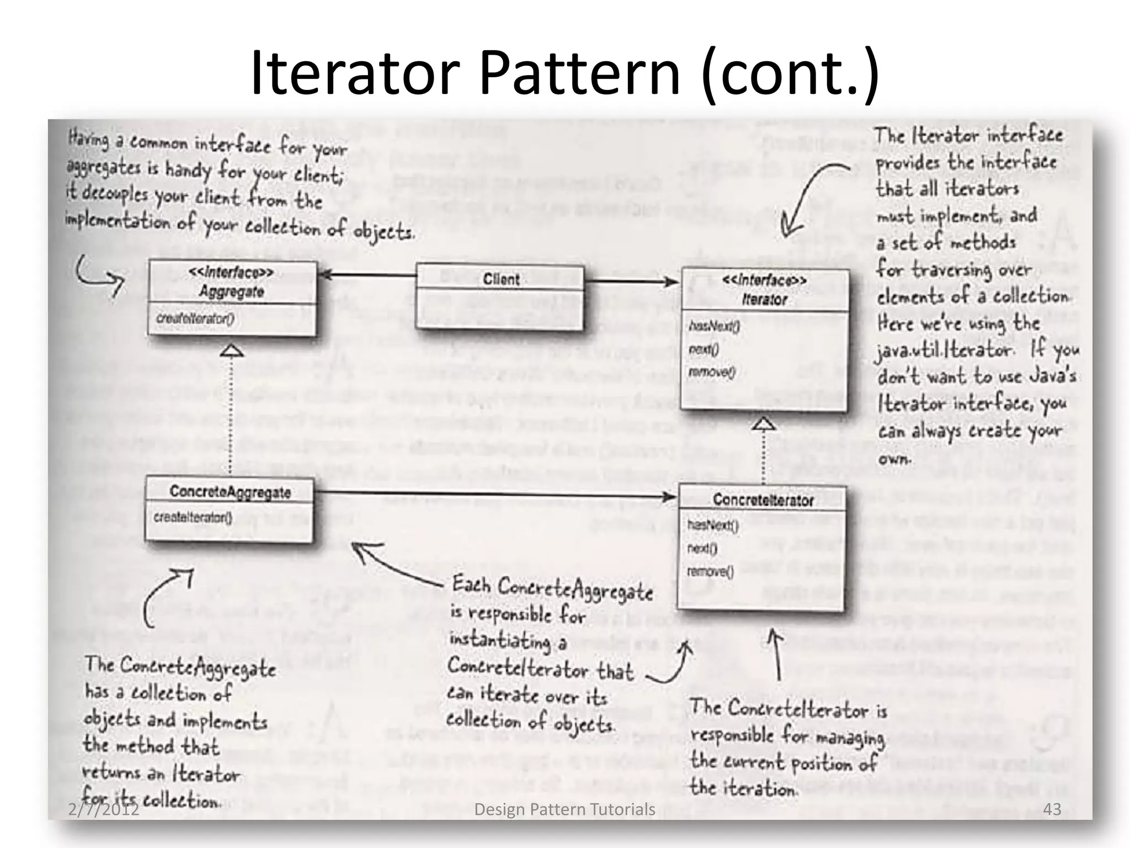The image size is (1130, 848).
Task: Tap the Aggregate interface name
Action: coord(232,291)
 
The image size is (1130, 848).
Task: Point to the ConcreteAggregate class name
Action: coord(230,492)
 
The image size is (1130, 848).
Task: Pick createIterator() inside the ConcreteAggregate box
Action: coord(193,518)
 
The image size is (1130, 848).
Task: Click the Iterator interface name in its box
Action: coord(764,300)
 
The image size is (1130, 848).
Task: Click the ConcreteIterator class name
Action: coord(763,500)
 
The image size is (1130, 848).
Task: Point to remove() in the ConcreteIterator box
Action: coord(710,571)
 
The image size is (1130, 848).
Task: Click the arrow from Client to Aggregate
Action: coord(367,274)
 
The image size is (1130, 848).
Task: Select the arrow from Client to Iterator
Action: coord(632,282)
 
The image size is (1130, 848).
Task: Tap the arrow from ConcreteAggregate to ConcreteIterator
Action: coord(494,493)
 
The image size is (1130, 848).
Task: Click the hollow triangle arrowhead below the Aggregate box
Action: coord(232,351)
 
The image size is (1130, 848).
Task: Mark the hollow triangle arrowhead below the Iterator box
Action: coord(764,424)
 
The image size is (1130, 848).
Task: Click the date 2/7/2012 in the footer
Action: coord(104,810)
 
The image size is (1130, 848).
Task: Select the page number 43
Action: coord(1052,809)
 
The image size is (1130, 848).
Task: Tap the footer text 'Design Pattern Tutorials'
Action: coord(565,809)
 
